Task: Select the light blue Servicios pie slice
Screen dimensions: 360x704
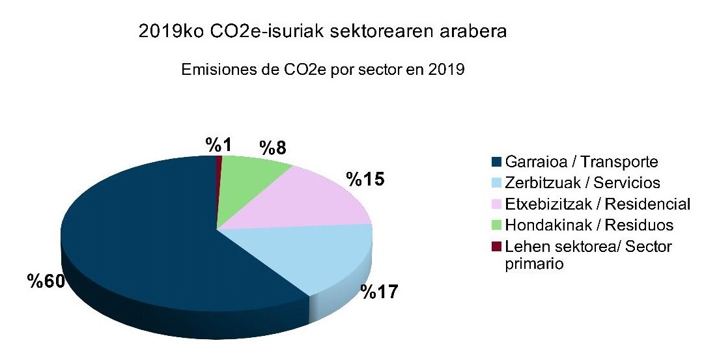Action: point(313,257)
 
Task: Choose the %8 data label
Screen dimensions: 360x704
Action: point(273,148)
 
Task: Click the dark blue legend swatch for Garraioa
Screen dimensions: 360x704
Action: point(496,162)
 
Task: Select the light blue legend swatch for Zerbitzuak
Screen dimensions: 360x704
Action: point(496,183)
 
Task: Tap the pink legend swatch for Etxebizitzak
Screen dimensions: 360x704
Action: point(496,204)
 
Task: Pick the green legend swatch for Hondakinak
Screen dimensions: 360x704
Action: point(496,225)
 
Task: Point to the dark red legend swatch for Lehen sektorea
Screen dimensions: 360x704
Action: point(496,246)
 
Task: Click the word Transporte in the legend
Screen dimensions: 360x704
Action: point(621,162)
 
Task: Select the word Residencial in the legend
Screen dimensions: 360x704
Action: point(647,204)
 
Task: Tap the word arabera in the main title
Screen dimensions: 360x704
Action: point(478,31)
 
